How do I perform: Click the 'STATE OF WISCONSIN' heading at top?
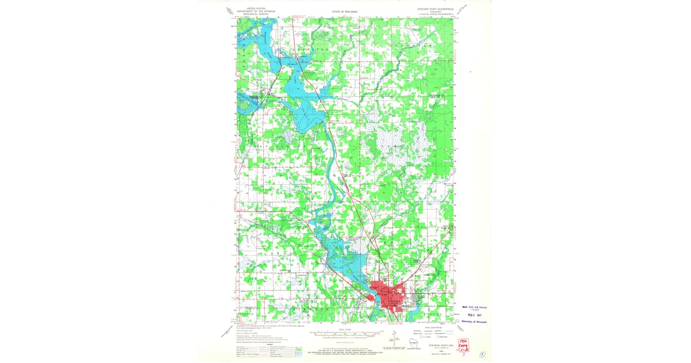[x=345, y=11]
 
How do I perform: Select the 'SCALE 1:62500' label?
[x=345, y=330]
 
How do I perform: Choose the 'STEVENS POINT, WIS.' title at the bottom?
[x=441, y=345]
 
